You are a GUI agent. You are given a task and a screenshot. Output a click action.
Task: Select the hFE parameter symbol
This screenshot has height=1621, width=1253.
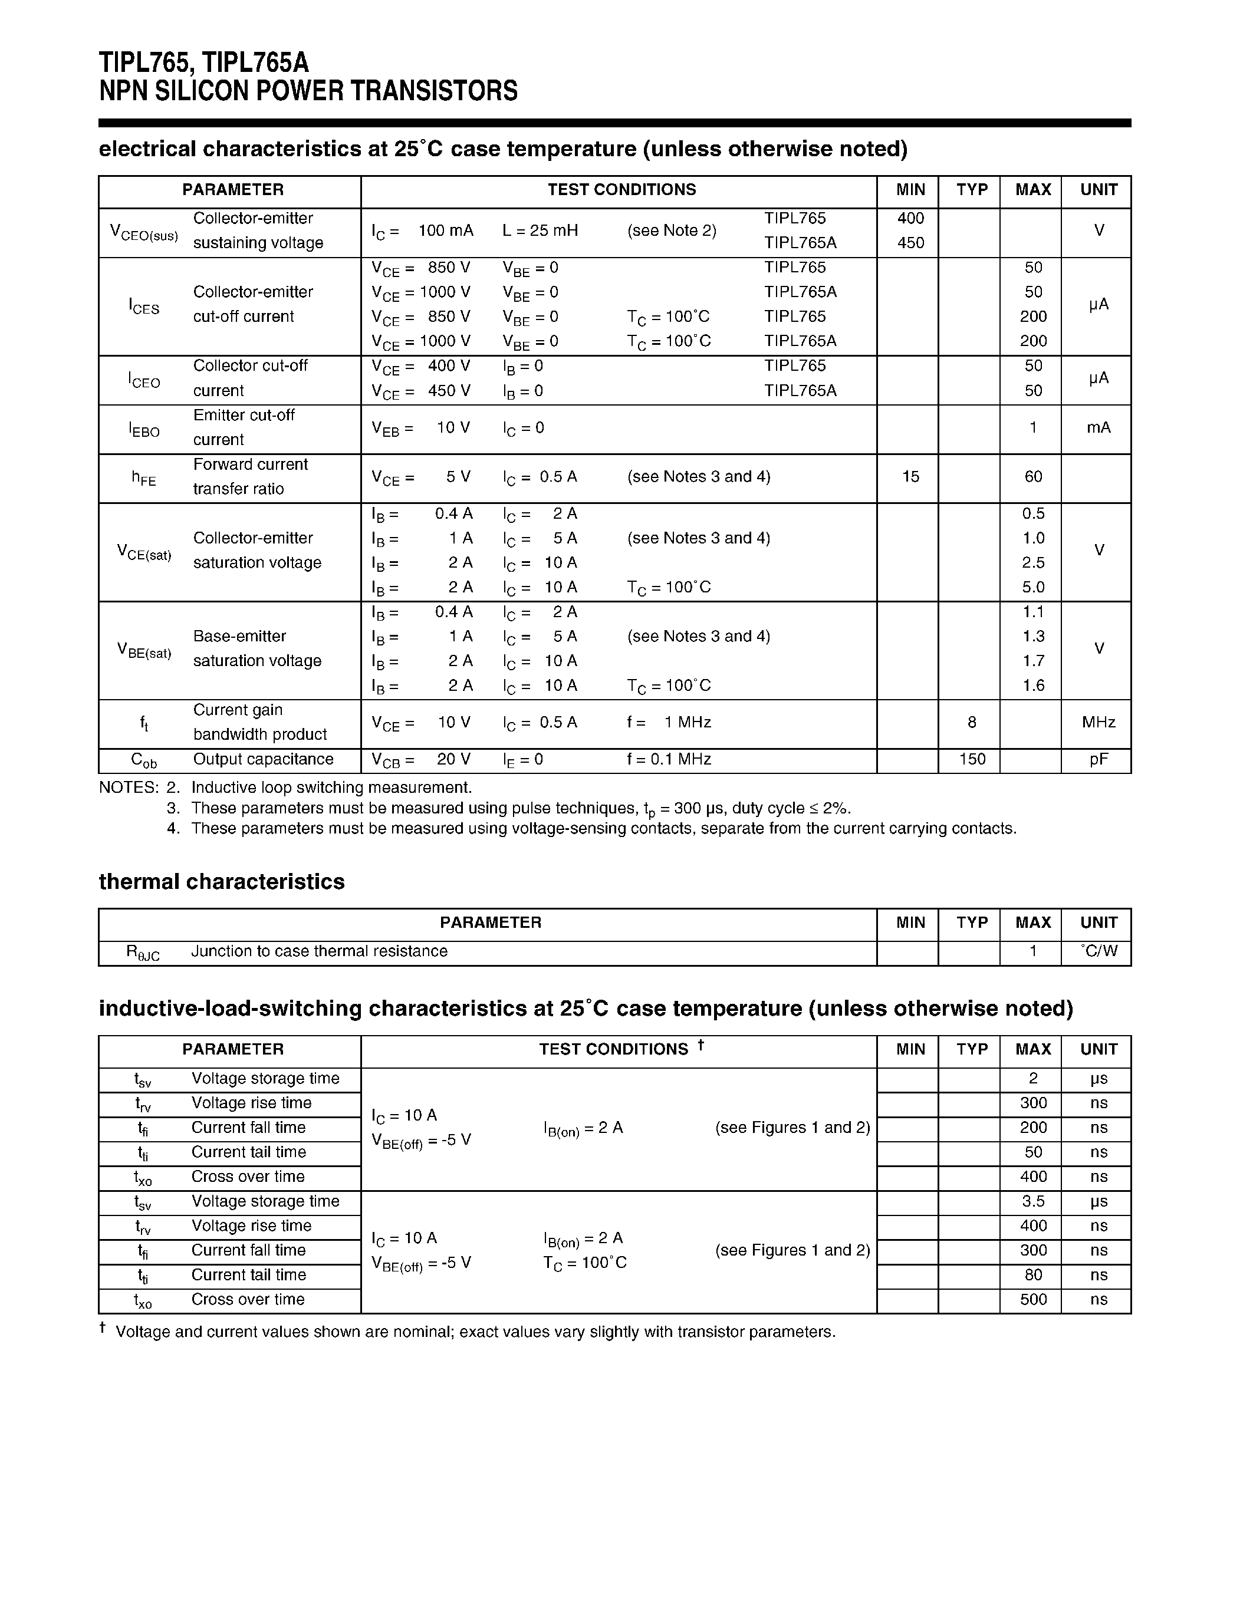[144, 478]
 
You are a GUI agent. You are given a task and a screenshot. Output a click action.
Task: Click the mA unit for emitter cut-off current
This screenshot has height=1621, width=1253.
[1098, 427]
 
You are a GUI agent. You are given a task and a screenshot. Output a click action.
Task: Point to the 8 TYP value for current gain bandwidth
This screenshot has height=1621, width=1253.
[971, 722]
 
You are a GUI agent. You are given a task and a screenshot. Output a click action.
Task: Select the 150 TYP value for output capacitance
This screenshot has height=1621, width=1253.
[972, 759]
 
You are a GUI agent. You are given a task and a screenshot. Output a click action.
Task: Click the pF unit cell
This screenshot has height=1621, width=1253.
[1098, 759]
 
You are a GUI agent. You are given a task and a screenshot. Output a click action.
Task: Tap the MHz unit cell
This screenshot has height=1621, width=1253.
[1098, 722]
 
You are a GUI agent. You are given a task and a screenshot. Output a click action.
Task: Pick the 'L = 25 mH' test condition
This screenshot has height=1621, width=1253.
[540, 231]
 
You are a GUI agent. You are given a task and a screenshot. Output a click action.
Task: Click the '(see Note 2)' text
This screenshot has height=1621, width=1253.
[671, 231]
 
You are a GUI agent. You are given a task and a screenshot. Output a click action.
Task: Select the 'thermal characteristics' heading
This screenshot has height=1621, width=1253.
[221, 882]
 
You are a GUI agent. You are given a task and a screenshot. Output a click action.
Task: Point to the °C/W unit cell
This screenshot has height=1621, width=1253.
[1099, 951]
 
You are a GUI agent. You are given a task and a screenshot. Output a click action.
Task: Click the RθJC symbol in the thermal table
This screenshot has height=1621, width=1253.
[143, 953]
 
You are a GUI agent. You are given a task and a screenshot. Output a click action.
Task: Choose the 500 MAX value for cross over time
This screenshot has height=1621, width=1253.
[1032, 1299]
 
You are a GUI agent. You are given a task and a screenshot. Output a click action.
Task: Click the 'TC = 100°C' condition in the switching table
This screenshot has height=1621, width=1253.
[585, 1263]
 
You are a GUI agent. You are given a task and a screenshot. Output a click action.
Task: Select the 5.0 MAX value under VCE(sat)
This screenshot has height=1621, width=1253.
[1032, 587]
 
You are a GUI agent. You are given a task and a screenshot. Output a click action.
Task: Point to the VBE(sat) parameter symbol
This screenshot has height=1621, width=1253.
[144, 650]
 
